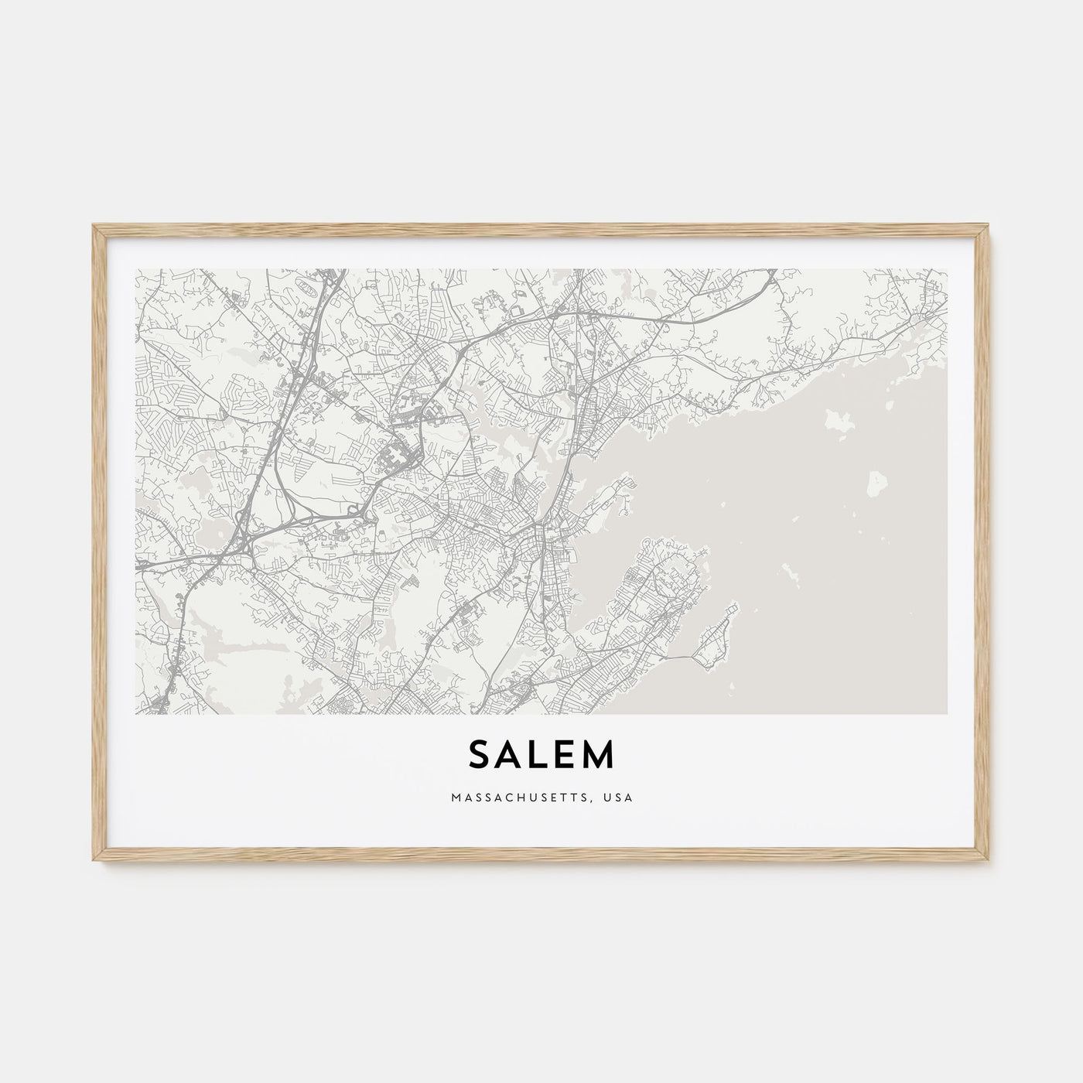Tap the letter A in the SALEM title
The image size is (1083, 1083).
click(511, 757)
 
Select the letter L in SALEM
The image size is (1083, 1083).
click(541, 757)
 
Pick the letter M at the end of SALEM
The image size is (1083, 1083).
click(600, 757)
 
